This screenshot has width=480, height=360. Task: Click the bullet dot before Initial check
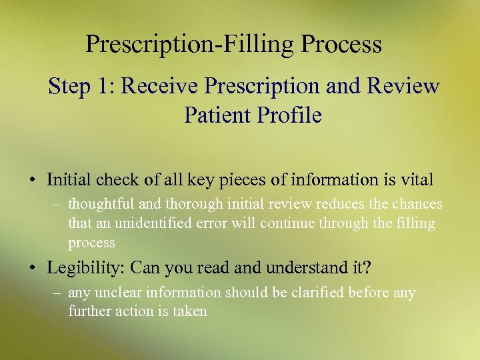pyautogui.click(x=32, y=180)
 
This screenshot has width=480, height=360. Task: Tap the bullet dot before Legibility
pyautogui.click(x=32, y=268)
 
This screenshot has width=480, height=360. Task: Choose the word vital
pyautogui.click(x=417, y=179)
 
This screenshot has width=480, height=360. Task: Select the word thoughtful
pyautogui.click(x=99, y=204)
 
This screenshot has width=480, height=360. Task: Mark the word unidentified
pyautogui.click(x=155, y=223)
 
